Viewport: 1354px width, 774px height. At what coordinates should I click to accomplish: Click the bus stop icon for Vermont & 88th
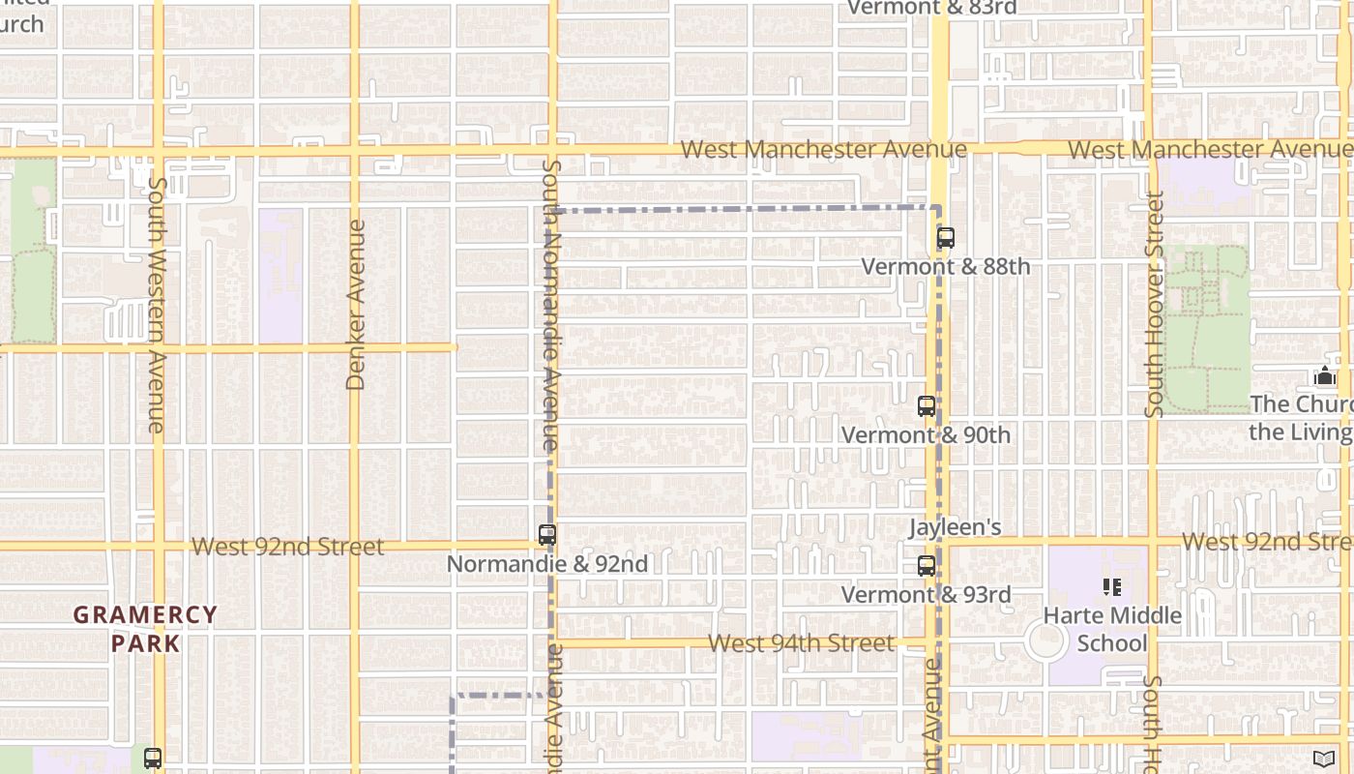946,238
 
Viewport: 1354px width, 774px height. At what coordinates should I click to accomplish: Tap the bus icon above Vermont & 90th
927,406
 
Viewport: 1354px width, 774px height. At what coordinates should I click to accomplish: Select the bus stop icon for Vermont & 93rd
927,566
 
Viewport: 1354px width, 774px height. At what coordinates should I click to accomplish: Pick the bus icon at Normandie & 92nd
547,534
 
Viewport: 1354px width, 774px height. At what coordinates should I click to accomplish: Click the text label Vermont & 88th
945,266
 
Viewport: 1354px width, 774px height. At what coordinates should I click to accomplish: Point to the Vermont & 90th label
926,435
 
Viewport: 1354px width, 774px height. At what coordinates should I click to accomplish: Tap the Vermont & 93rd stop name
926,594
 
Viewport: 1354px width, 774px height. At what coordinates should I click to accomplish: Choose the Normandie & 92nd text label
547,563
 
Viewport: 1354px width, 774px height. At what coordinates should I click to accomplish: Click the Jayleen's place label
955,527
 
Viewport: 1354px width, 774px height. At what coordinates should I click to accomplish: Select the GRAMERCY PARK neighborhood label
145,629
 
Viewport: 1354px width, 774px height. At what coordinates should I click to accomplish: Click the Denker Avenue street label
356,305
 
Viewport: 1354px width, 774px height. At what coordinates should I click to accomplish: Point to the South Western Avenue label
158,304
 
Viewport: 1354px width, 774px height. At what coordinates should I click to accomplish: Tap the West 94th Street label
801,643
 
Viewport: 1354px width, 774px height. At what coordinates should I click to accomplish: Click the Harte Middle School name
1112,629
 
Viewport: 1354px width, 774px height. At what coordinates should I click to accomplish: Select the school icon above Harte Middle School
1112,586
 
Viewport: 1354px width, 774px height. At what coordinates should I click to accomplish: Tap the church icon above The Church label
1324,375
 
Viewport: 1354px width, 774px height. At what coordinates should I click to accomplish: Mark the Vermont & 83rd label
931,8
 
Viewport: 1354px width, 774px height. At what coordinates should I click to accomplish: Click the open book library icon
1324,759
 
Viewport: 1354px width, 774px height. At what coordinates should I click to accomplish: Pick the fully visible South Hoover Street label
1153,305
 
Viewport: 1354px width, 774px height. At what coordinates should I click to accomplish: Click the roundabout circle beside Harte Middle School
1045,641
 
